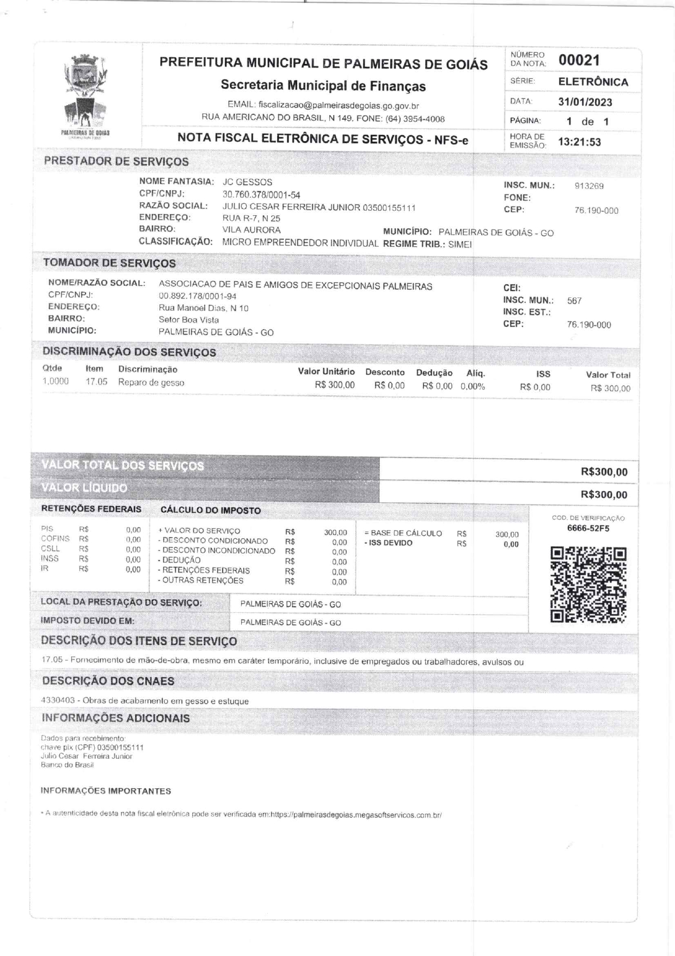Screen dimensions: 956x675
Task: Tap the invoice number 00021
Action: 579,60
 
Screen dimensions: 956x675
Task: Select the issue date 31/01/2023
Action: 585,102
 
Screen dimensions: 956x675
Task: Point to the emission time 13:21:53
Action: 580,142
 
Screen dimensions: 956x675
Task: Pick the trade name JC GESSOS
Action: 247,182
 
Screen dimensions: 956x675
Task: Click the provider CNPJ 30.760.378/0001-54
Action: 261,194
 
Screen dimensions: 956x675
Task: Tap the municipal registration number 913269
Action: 589,186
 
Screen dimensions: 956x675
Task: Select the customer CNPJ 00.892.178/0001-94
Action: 197,296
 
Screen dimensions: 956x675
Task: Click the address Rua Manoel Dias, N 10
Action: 203,308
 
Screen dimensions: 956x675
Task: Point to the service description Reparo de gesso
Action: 151,382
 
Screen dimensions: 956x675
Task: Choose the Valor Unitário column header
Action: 326,372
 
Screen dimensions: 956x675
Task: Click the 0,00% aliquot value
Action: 472,387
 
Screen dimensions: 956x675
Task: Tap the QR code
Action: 588,584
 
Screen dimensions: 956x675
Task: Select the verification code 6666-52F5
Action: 588,528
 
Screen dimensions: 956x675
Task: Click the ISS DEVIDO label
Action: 388,543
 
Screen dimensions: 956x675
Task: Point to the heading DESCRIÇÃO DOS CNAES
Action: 108,681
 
